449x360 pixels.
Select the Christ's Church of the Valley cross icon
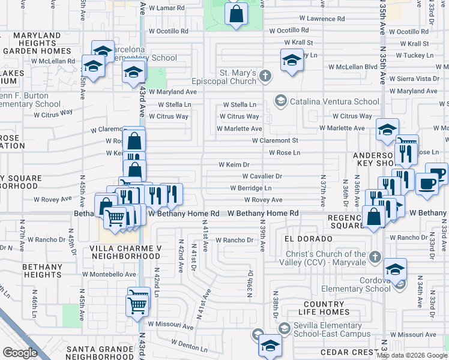[375, 257]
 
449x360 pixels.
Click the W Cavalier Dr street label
[262, 176]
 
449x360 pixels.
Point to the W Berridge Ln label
[250, 188]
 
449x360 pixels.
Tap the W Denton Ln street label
[189, 346]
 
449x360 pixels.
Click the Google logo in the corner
[20, 353]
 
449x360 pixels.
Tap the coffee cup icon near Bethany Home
[427, 183]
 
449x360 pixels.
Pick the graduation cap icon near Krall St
[292, 60]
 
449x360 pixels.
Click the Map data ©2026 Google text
[412, 355]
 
